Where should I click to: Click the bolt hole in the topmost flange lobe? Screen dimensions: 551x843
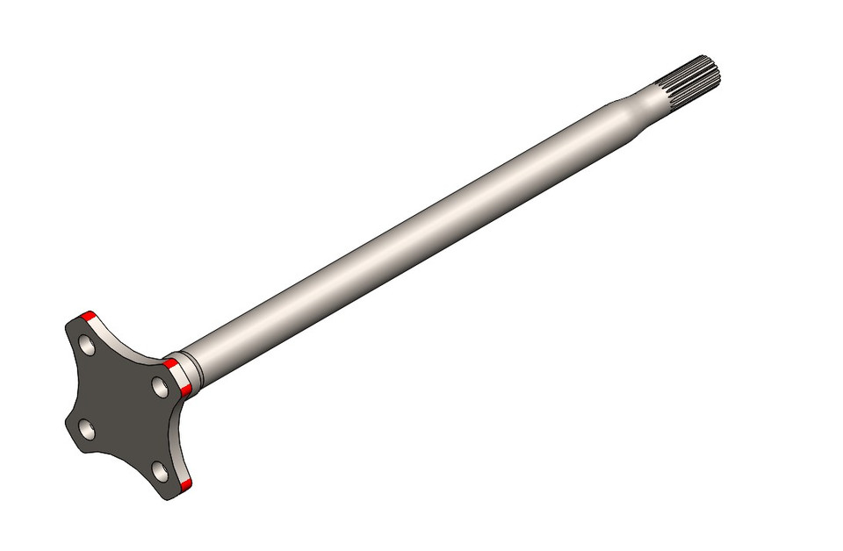coord(87,345)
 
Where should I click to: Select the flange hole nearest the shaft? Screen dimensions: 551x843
coord(160,387)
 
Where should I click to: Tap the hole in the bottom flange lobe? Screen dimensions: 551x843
coord(160,472)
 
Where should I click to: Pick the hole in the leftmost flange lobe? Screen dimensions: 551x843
coord(86,429)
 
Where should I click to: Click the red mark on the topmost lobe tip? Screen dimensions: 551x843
coord(86,316)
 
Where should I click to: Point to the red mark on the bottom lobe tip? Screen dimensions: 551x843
coord(186,484)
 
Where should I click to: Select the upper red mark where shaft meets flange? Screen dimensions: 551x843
coord(170,363)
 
